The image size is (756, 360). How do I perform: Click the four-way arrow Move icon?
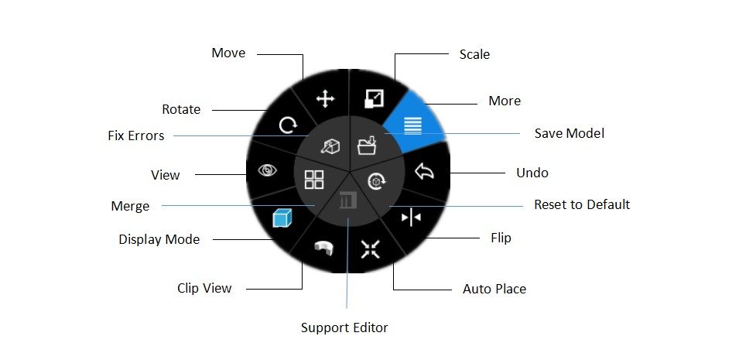click(x=325, y=100)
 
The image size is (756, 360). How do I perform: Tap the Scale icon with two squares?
click(x=375, y=98)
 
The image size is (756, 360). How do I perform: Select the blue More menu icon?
click(x=412, y=125)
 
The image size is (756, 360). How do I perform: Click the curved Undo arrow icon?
click(x=424, y=171)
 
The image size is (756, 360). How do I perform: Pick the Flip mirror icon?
click(x=411, y=218)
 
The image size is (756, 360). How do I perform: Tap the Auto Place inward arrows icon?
click(x=371, y=249)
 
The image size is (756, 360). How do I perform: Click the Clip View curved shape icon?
click(x=323, y=248)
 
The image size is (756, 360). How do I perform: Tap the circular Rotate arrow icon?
click(x=289, y=126)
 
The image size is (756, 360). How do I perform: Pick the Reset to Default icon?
click(x=377, y=181)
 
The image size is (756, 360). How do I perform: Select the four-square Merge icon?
click(x=314, y=179)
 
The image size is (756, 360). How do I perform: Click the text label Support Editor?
click(x=344, y=327)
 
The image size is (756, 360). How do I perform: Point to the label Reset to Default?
click(x=582, y=204)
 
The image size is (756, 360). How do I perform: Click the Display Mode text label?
click(x=159, y=239)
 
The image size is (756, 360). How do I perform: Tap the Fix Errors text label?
click(x=136, y=135)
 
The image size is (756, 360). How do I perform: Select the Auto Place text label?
click(x=494, y=289)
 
